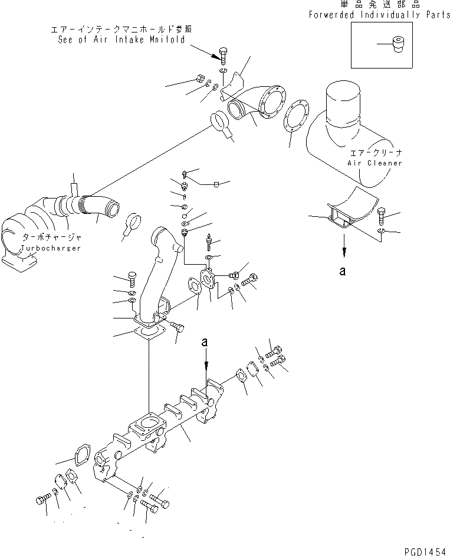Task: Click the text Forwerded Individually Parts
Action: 379,15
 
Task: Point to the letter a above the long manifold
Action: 205,342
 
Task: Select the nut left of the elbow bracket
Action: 199,79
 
